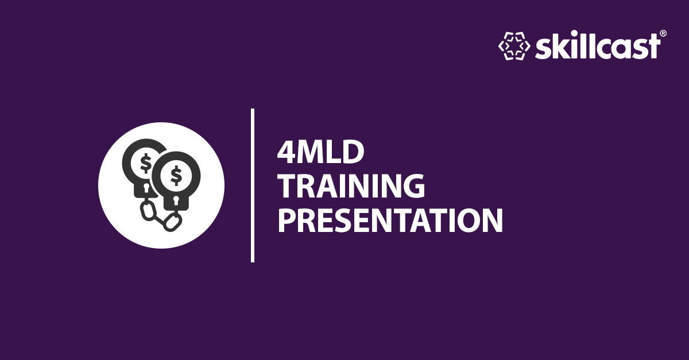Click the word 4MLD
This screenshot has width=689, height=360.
coord(321,153)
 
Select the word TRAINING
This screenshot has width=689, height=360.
coord(351,186)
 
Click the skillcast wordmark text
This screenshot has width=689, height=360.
coord(598,46)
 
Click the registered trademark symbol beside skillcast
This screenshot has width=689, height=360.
coord(663,34)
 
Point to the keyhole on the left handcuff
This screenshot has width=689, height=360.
coord(146,189)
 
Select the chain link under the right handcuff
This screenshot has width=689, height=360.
coord(171,222)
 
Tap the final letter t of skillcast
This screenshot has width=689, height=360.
coord(653,47)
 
